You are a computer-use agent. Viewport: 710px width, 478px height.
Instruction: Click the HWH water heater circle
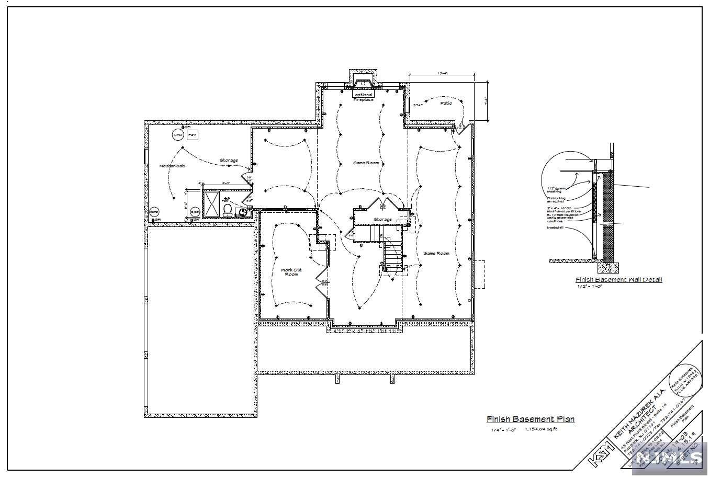pos(177,135)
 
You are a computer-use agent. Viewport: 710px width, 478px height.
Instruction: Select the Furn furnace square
pos(193,135)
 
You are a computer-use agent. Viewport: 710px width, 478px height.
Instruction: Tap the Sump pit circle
pos(154,212)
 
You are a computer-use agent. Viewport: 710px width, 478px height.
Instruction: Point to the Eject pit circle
pos(195,212)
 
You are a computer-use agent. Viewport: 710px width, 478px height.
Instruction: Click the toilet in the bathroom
pos(228,210)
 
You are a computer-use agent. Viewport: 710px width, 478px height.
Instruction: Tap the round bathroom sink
pos(242,212)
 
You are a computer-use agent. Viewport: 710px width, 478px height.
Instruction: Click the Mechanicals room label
pos(172,166)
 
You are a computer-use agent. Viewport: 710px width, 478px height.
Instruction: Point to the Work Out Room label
pos(291,272)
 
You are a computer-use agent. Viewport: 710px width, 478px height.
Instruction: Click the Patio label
pos(446,103)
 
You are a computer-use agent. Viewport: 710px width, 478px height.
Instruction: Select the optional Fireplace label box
pos(363,97)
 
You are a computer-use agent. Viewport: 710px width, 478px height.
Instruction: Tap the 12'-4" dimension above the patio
pos(442,74)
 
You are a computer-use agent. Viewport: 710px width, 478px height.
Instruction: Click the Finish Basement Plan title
pos(531,419)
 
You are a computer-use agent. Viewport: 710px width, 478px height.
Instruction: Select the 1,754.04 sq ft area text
pos(541,429)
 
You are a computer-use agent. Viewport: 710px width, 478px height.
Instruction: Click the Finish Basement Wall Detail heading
pos(618,280)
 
